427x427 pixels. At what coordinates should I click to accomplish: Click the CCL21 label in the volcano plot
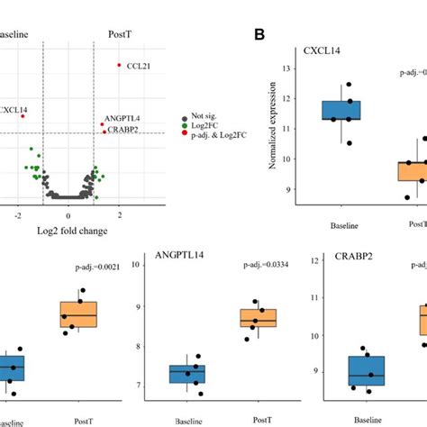tap(138, 66)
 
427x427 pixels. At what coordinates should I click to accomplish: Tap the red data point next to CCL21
tap(119, 65)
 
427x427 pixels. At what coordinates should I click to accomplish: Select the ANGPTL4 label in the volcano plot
tap(123, 119)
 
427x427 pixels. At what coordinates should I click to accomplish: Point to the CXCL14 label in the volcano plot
tap(13, 110)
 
